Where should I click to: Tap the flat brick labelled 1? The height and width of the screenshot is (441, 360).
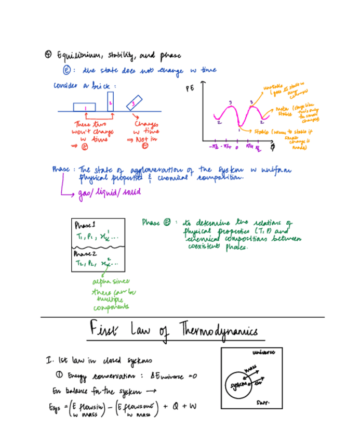pyautogui.click(x=84, y=107)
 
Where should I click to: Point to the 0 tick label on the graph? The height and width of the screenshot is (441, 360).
pyautogui.click(x=236, y=148)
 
